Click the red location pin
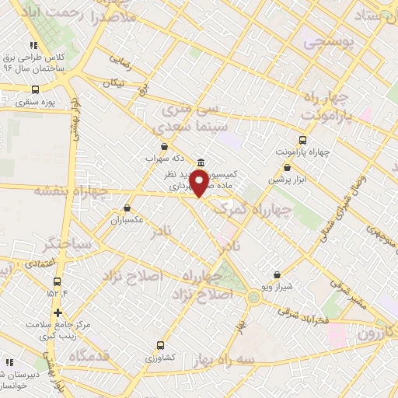(200, 183)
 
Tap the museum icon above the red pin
(202, 162)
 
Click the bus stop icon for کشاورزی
(161, 345)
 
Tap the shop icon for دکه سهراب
(163, 145)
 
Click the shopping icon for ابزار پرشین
(288, 167)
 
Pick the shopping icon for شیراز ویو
(278, 274)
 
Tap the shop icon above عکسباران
(127, 208)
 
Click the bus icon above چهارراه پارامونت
(302, 141)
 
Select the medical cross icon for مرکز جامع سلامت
(58, 312)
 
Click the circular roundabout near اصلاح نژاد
(254, 297)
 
